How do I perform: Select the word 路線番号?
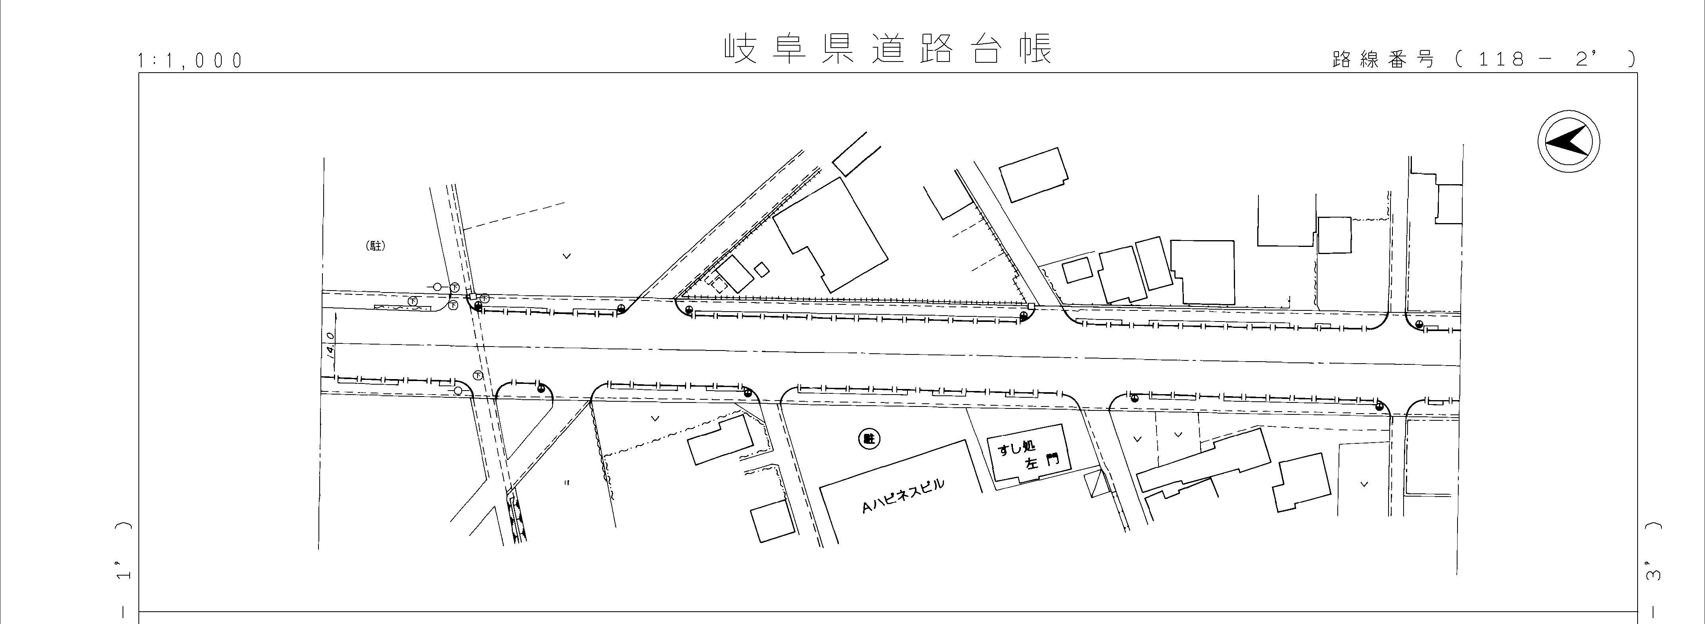[x=1383, y=60]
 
